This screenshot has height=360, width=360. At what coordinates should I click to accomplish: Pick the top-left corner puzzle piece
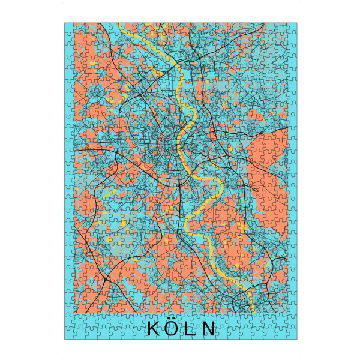69,27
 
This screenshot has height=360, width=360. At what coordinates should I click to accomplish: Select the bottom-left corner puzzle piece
69,335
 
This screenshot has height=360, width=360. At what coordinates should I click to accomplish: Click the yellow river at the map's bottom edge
253,311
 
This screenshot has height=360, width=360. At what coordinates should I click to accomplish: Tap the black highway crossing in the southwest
105,279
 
